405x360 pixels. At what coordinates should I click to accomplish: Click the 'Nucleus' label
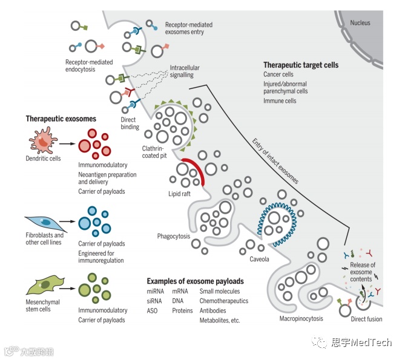[x=360, y=23]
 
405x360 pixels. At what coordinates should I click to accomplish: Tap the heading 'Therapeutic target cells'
[x=300, y=65]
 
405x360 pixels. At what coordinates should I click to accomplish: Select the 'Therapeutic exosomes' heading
[x=61, y=119]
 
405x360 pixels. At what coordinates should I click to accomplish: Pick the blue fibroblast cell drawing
[x=44, y=221]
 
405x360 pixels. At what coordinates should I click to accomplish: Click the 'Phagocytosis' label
[x=173, y=236]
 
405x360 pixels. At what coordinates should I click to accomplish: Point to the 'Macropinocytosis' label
[x=301, y=318]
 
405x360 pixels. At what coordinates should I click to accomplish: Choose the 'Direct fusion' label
[x=366, y=319]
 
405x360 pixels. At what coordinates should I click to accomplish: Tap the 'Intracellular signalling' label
[x=185, y=71]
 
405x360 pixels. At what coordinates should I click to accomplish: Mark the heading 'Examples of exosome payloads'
[x=195, y=281]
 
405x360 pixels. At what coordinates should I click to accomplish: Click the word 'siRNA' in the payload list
[x=155, y=301]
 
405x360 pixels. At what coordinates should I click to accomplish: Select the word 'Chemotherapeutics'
[x=223, y=301]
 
